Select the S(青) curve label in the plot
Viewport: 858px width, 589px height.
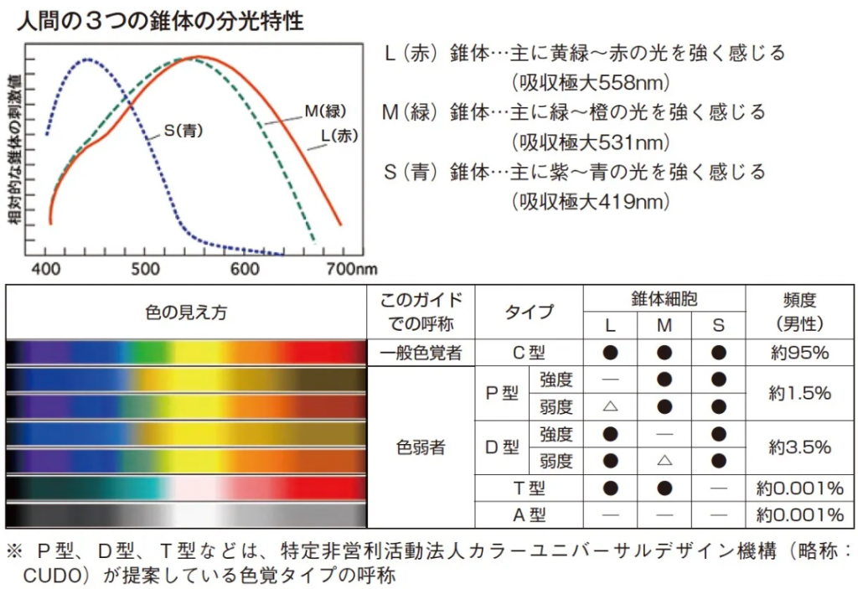[x=184, y=131]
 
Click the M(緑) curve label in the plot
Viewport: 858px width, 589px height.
[x=324, y=111]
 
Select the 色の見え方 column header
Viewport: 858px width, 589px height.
[x=186, y=313]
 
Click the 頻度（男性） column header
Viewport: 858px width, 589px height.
[x=799, y=312]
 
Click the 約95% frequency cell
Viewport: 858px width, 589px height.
[x=799, y=353]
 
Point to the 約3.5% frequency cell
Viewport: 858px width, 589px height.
[x=799, y=447]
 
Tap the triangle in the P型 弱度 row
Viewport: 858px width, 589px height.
[x=610, y=407]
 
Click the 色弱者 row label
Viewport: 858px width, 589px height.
[x=421, y=447]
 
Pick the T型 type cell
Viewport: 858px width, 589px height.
[x=529, y=488]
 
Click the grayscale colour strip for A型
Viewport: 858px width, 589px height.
[x=186, y=514]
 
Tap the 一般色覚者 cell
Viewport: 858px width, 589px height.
[x=421, y=353]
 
